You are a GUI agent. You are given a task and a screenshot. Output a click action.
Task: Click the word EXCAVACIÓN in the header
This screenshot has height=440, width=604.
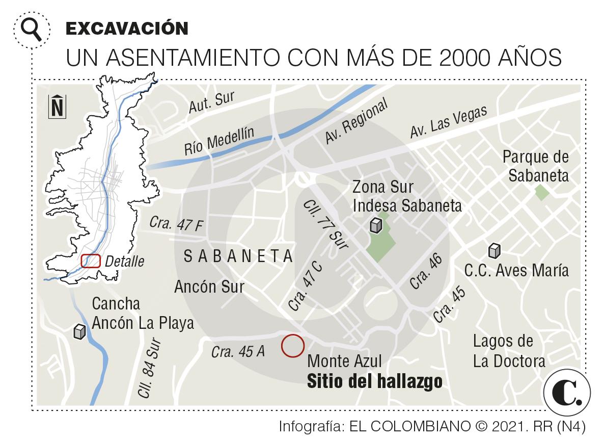tap(127, 29)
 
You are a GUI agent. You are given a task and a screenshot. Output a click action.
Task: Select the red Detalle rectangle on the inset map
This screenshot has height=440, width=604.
tap(91, 261)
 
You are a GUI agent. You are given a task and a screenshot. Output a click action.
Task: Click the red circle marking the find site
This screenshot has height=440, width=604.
tap(293, 345)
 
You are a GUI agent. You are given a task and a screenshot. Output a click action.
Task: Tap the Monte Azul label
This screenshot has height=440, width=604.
tap(345, 361)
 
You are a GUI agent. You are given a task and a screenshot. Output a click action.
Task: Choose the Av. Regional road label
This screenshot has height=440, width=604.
tap(356, 122)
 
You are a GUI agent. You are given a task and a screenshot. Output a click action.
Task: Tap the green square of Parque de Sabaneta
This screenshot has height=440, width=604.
tap(541, 193)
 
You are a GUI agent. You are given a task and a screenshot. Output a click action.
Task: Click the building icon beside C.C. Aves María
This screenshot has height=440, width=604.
tap(493, 250)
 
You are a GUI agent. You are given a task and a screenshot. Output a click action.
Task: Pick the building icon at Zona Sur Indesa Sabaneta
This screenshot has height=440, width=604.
tap(376, 225)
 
